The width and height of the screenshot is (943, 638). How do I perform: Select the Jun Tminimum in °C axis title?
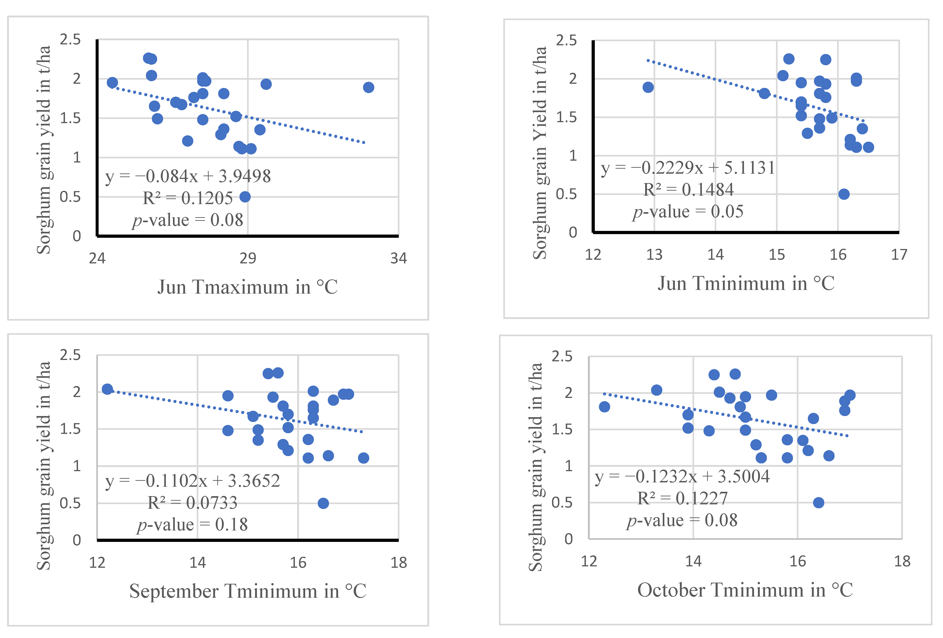(746, 283)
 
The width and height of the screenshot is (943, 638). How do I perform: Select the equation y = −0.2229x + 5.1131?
(688, 168)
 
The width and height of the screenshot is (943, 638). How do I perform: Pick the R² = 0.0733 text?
(192, 503)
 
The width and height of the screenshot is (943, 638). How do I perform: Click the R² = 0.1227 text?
(682, 498)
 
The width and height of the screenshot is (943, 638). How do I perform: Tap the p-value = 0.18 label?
(192, 525)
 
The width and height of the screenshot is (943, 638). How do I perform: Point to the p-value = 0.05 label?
(688, 211)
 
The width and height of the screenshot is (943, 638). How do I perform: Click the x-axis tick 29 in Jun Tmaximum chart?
(248, 258)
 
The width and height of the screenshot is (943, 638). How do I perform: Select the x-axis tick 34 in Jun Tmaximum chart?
(399, 258)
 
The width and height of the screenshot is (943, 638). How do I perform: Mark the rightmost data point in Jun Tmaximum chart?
(368, 87)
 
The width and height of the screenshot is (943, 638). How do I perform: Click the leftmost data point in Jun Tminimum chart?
(648, 87)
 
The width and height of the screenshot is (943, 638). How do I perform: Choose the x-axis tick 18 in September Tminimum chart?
(399, 562)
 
